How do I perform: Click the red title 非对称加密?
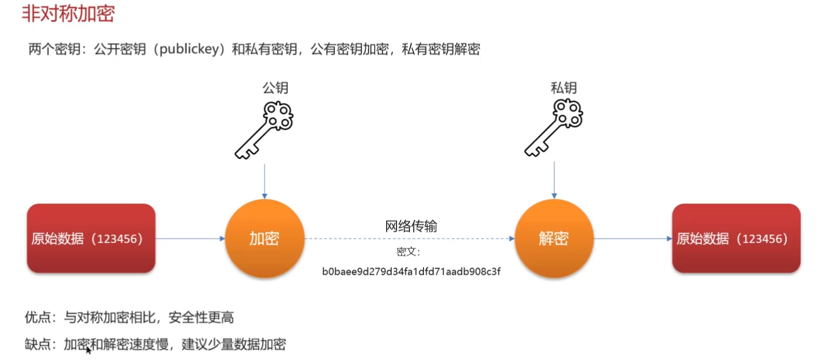point(68,13)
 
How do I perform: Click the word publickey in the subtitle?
point(189,49)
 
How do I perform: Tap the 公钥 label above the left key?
point(275,88)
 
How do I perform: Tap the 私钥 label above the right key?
point(563,88)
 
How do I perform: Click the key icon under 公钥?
point(264,129)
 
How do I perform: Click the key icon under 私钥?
point(554,128)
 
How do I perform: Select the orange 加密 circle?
point(264,239)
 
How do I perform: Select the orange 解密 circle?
point(554,239)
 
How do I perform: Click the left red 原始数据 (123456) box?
point(91,239)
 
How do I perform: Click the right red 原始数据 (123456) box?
point(736,239)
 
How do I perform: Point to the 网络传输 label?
point(411,226)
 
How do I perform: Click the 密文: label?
point(408,252)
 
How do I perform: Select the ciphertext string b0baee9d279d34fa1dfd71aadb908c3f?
point(411,272)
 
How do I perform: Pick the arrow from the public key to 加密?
point(264,181)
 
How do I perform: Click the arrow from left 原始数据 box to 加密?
point(190,239)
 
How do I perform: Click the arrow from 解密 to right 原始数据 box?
point(632,239)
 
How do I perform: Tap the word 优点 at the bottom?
point(38,318)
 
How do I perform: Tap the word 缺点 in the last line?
point(38,344)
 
